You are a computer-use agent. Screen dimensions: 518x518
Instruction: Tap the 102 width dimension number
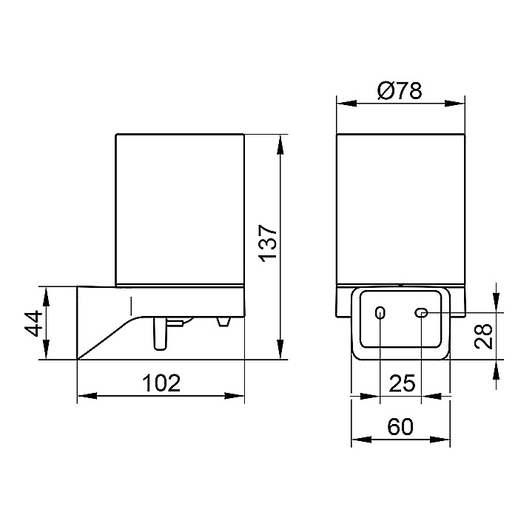(x=161, y=383)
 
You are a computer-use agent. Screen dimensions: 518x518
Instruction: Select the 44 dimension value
(x=34, y=323)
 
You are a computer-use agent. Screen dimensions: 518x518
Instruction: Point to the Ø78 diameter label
(x=400, y=90)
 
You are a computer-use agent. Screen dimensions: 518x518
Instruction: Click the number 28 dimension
(x=483, y=336)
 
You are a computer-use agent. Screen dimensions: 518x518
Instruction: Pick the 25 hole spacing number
(x=402, y=383)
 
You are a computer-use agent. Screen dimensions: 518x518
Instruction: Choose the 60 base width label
(x=400, y=426)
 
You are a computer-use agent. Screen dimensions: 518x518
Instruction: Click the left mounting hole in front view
(x=380, y=312)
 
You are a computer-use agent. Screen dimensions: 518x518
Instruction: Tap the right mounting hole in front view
(x=421, y=312)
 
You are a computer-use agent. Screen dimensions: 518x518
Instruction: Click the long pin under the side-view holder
(x=161, y=333)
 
